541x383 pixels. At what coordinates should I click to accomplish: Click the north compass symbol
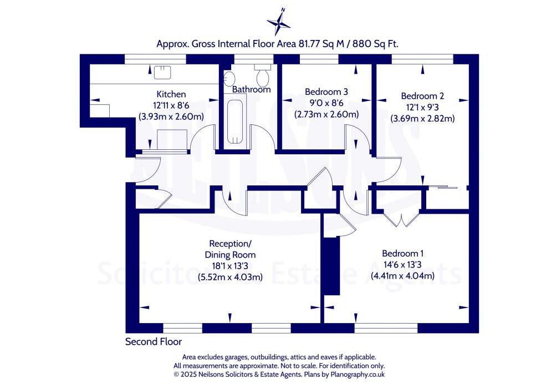[279, 22]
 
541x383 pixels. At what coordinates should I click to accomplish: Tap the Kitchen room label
[171, 94]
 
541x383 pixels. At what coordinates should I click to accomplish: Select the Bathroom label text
[251, 89]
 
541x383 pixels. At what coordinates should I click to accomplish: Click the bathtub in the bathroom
[236, 119]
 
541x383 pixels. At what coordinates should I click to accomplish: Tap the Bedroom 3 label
[326, 92]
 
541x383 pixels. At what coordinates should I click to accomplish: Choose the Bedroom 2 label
[422, 95]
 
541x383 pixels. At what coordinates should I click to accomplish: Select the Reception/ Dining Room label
[229, 249]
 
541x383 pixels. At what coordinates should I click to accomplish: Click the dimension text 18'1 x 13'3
[229, 266]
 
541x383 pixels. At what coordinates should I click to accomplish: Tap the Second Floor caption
[153, 341]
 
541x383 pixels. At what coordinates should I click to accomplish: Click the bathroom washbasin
[230, 78]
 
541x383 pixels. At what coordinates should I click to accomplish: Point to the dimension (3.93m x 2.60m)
[171, 117]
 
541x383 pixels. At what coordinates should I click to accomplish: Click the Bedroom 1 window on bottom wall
[386, 328]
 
